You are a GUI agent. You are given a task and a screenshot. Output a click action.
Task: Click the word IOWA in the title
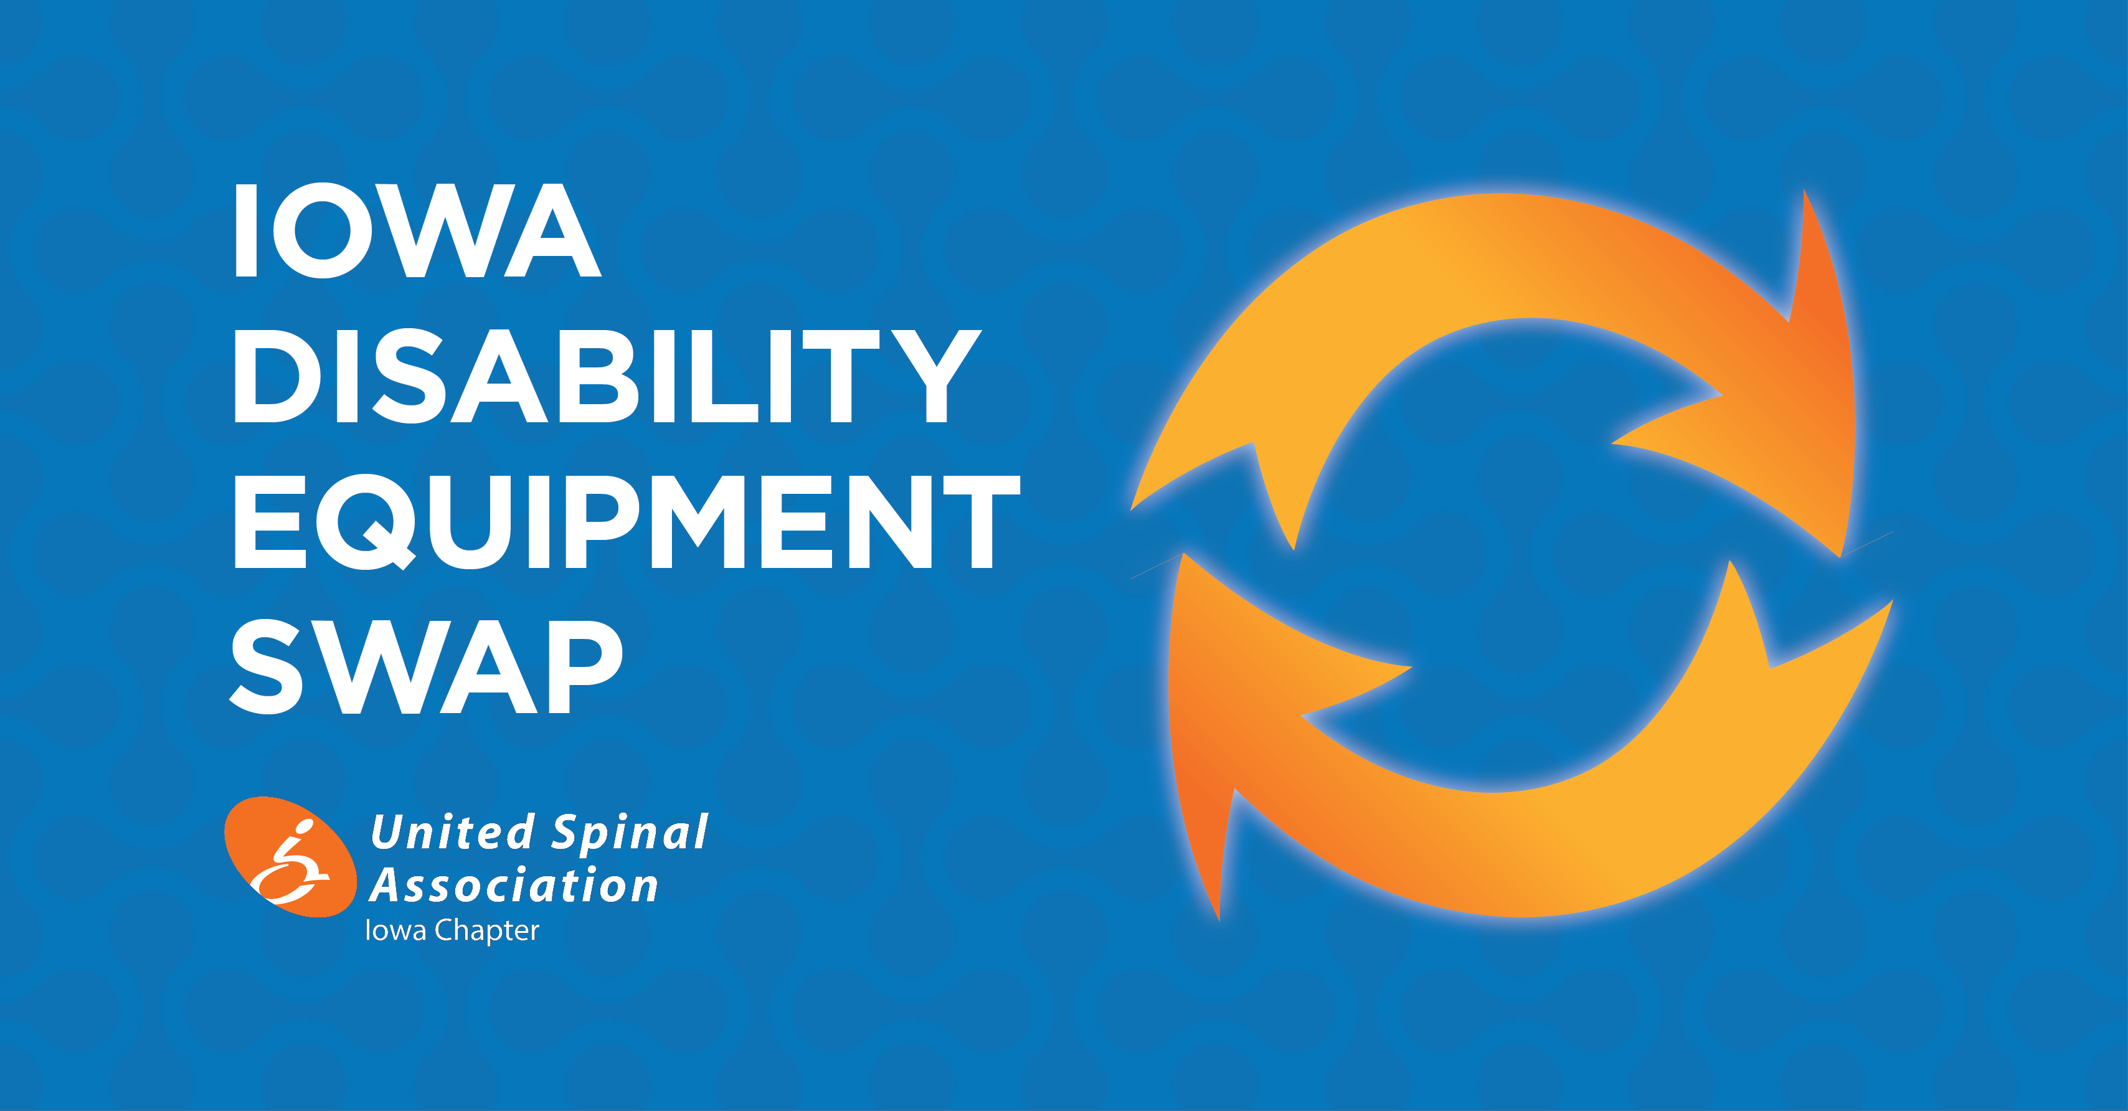click(x=417, y=230)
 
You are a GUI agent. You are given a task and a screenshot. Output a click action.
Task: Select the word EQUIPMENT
click(x=628, y=522)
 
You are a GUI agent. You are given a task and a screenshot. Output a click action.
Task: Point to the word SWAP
click(x=425, y=666)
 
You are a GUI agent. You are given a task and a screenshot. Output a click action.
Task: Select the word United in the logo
click(x=453, y=833)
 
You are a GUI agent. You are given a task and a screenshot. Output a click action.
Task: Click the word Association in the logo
click(x=513, y=886)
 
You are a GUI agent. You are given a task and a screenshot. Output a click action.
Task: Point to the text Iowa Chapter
click(x=452, y=931)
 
